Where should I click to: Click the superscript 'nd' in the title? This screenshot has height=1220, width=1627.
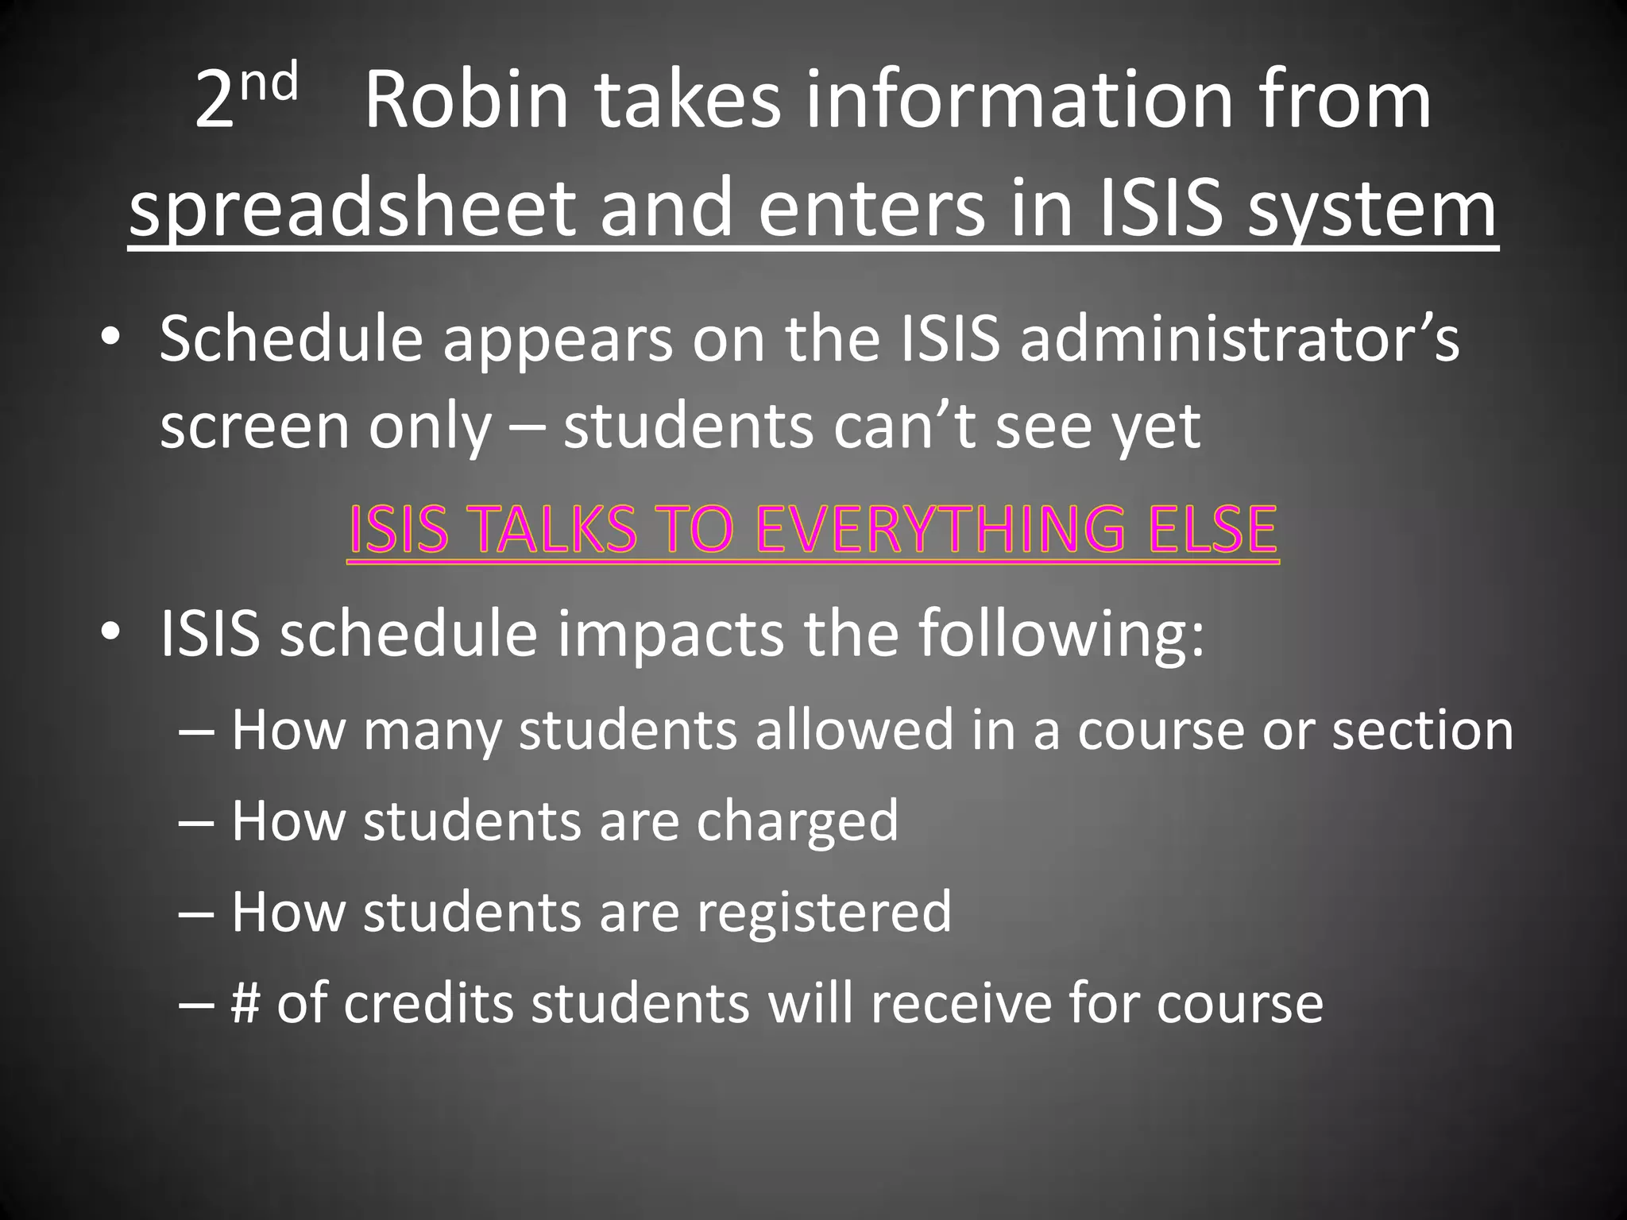tap(269, 84)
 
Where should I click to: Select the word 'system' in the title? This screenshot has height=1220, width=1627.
tap(1372, 209)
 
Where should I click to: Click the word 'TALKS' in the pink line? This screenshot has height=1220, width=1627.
tap(548, 529)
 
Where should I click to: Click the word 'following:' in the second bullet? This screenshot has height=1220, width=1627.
tap(1061, 634)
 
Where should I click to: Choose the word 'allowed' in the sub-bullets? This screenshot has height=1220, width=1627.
tap(854, 729)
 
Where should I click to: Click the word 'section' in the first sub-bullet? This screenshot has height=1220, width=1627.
tap(1422, 729)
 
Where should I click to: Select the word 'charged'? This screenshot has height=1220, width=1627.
tap(798, 821)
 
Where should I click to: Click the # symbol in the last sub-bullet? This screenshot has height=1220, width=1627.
tap(245, 1003)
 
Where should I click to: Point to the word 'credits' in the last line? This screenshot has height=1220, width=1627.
tap(428, 1003)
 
